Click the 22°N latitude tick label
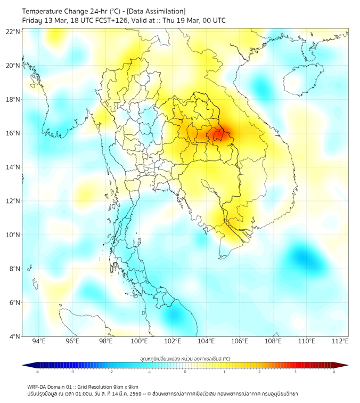[x=13, y=31]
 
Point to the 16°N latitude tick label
[x=13, y=133]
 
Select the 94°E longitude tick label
[x=39, y=341]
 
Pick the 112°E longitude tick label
[x=340, y=341]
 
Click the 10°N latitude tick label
[x=13, y=235]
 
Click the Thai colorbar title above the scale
[x=185, y=358]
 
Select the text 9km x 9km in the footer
[x=122, y=386]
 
